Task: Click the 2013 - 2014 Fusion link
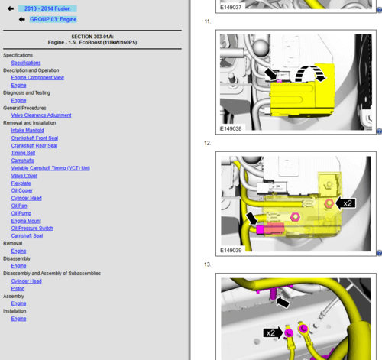click(47, 8)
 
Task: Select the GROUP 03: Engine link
click(53, 19)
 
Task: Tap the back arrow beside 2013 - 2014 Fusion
click(11, 8)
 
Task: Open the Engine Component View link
click(37, 78)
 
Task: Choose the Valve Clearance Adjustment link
click(41, 115)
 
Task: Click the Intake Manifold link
click(28, 131)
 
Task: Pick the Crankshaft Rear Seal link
click(34, 145)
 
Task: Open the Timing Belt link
click(23, 153)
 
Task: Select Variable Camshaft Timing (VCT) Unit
click(50, 168)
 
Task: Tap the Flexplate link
click(21, 183)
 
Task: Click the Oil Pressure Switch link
click(32, 229)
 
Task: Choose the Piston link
click(18, 289)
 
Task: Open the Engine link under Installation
click(18, 319)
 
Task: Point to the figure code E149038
click(231, 128)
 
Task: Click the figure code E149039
click(231, 251)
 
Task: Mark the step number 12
click(208, 143)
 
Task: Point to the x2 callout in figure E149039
click(348, 203)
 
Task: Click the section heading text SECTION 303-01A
click(92, 37)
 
